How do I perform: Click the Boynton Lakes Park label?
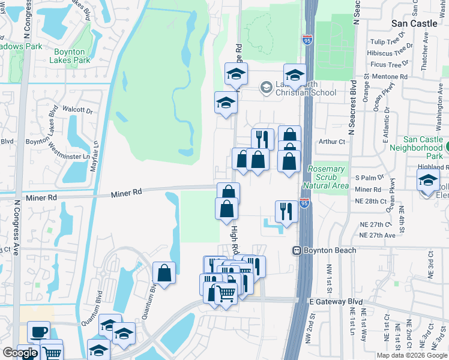click(70, 56)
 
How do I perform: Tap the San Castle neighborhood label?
click(414, 23)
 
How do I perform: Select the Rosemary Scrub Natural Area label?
click(327, 178)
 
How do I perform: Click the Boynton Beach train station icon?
click(297, 250)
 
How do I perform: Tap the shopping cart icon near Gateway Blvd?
click(225, 293)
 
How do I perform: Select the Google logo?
click(20, 353)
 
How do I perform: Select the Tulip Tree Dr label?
click(388, 42)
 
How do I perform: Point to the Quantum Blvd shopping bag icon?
click(164, 273)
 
